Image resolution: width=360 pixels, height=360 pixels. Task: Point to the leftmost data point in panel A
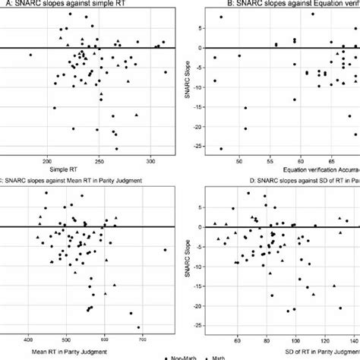[30, 55]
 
